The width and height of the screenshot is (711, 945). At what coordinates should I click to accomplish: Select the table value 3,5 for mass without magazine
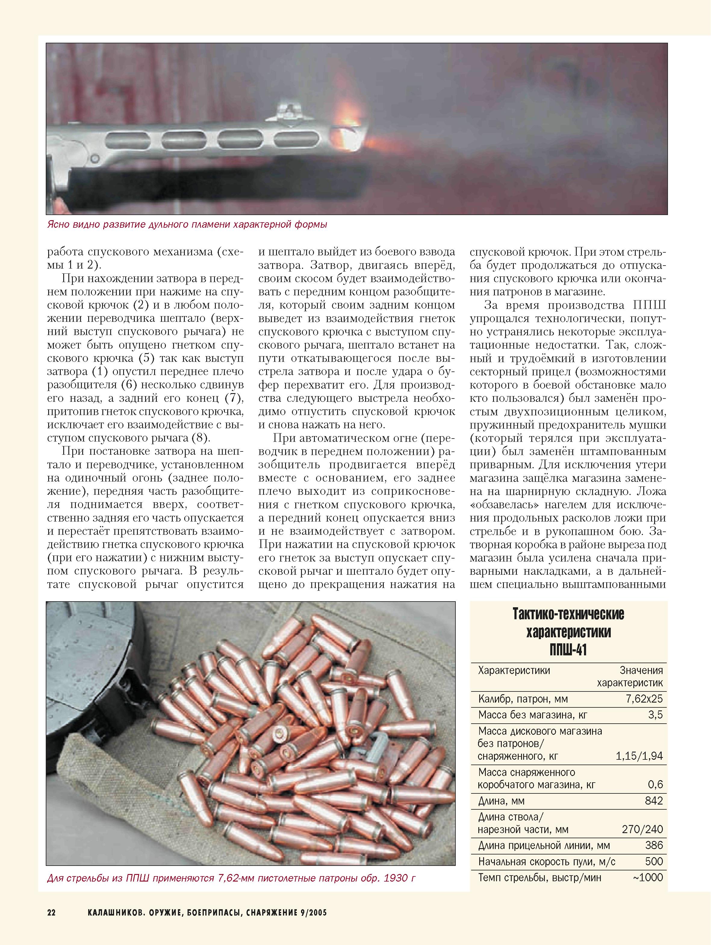point(655,715)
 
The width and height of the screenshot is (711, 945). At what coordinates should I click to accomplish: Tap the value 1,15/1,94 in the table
point(639,756)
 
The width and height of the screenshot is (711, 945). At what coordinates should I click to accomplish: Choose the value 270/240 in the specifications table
point(642,830)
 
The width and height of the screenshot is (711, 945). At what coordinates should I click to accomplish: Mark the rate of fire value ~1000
point(648,878)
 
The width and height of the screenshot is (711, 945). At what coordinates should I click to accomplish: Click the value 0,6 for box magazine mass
point(655,785)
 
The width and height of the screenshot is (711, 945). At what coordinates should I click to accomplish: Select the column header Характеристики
point(514,670)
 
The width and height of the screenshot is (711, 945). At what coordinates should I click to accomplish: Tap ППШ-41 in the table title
point(568,651)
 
